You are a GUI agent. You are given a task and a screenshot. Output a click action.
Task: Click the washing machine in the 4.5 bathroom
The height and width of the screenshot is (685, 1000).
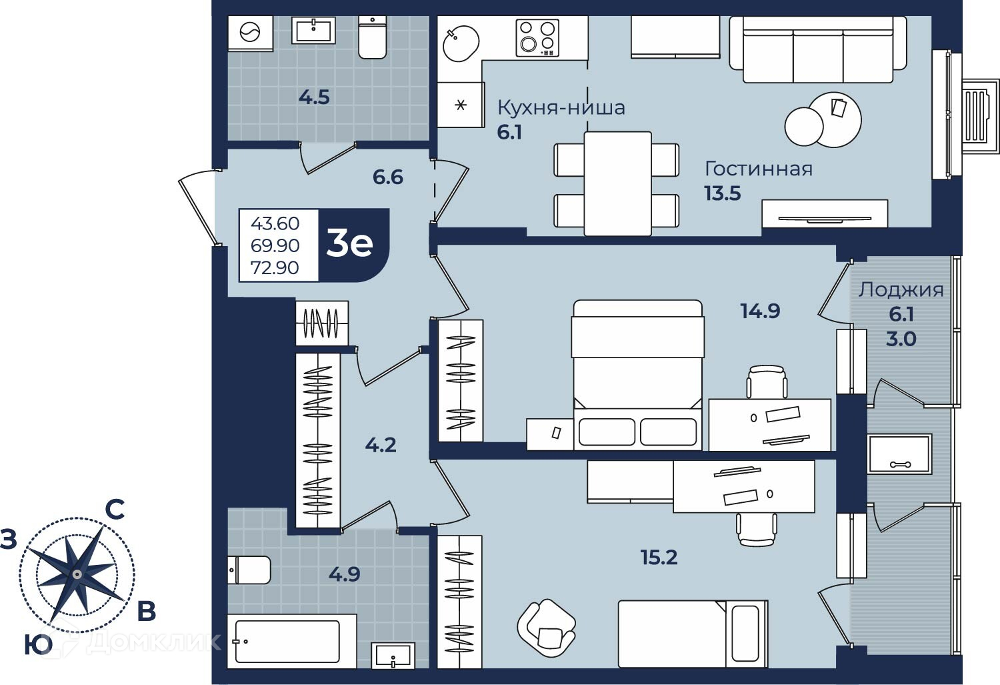[250, 33]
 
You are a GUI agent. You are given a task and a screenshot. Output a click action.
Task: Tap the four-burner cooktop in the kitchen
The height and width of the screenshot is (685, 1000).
[537, 38]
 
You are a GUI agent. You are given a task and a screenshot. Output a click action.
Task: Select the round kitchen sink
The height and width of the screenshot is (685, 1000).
[461, 43]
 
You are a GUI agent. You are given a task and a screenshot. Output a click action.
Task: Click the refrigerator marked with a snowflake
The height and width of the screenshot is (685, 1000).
[461, 105]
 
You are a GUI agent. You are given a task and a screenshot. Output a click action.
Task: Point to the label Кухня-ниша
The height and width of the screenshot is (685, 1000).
[561, 107]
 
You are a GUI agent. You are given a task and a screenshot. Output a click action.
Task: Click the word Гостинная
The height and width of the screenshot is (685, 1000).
[759, 169]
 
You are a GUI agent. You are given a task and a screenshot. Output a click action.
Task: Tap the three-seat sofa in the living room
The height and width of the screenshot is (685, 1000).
[818, 49]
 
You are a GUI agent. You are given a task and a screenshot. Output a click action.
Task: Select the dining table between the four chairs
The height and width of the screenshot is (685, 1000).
[617, 183]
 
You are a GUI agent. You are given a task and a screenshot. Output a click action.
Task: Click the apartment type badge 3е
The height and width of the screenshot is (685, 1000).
[349, 244]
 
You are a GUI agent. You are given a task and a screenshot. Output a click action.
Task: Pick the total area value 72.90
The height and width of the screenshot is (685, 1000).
[275, 267]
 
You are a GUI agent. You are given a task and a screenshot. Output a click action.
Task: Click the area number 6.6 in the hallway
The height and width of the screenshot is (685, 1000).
[388, 177]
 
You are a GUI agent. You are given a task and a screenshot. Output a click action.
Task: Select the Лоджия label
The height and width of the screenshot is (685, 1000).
[901, 289]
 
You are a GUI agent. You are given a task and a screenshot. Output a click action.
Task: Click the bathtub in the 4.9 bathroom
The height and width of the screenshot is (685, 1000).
[292, 641]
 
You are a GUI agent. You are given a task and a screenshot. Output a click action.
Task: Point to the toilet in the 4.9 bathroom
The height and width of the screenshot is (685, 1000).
[249, 570]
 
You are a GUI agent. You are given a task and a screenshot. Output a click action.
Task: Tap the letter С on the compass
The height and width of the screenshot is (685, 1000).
[115, 510]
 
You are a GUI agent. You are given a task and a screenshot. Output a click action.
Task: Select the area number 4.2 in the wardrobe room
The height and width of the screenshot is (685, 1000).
[381, 445]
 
